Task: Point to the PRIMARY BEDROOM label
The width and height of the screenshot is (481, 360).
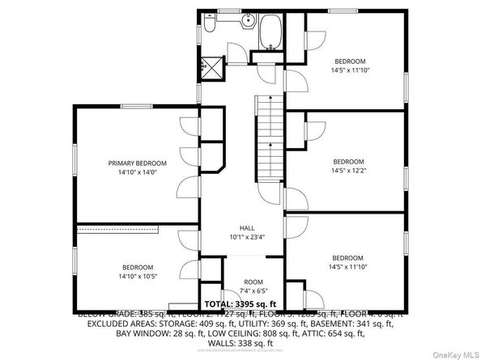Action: point(137,163)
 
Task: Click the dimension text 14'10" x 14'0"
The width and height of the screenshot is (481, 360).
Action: point(137,172)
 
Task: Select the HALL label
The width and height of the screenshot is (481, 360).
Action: point(247,228)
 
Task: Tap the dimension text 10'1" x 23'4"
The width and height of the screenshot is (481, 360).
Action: point(247,238)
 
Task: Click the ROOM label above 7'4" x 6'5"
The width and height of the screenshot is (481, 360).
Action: point(252,282)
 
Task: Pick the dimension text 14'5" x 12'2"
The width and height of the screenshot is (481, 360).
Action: point(349,170)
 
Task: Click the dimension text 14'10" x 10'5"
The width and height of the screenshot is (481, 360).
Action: point(137,276)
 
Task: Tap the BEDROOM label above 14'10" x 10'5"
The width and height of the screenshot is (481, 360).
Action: point(137,267)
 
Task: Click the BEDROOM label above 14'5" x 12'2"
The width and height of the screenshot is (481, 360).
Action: point(349,160)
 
